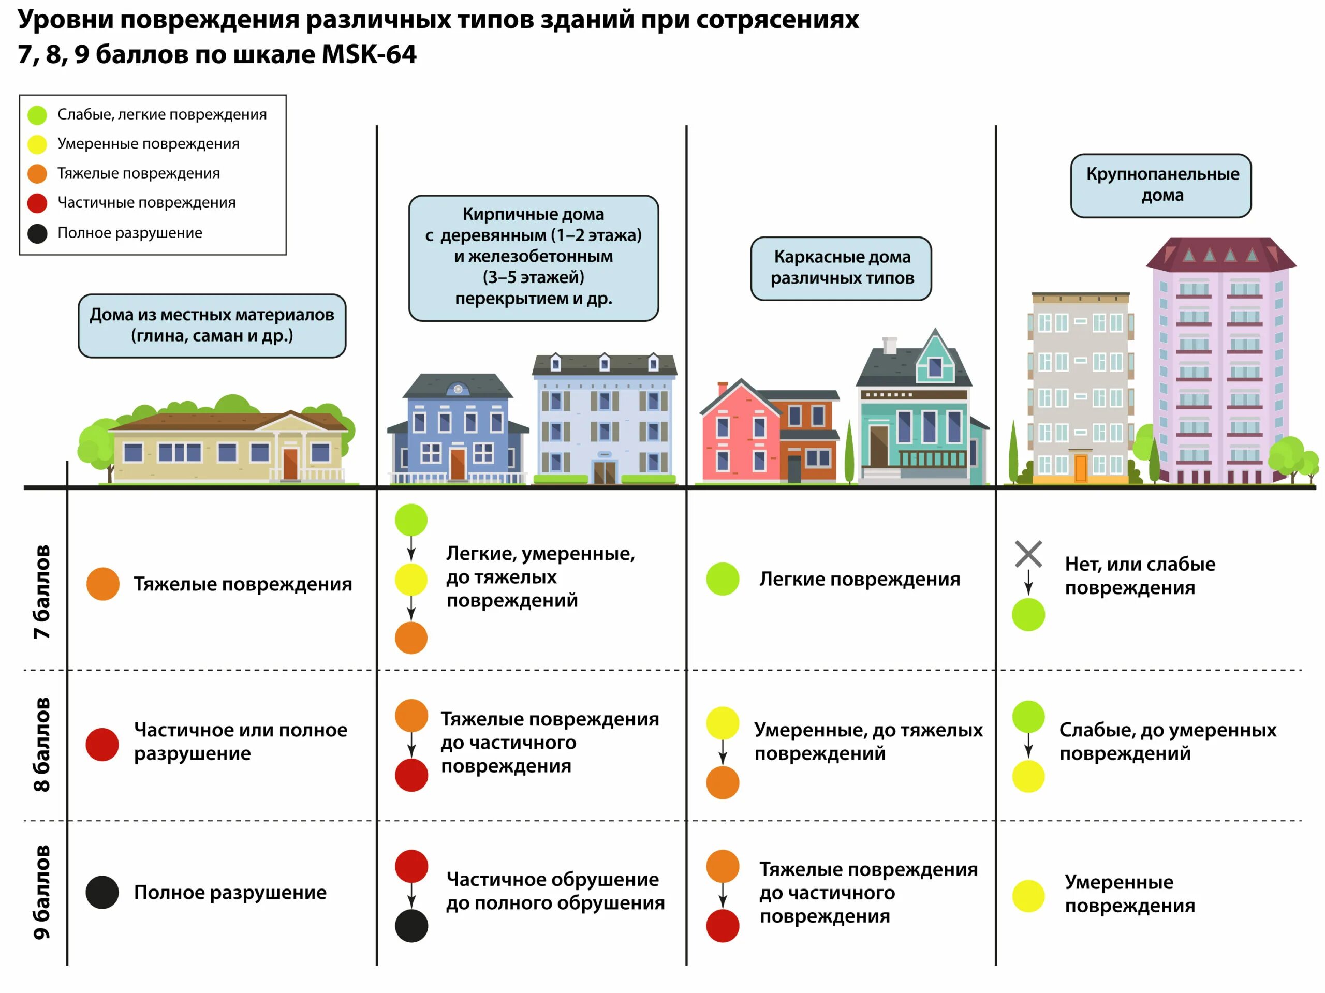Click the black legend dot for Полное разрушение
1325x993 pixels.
pos(37,233)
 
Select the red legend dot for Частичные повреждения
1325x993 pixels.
pos(37,203)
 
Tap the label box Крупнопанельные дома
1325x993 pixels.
pos(1160,185)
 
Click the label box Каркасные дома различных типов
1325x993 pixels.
pos(841,268)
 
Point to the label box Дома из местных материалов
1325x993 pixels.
pos(212,325)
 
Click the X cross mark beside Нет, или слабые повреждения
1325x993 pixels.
pos(1028,554)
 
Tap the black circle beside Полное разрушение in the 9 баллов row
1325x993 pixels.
pos(102,892)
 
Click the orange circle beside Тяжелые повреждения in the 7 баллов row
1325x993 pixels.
pos(102,583)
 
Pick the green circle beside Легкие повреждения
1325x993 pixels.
pos(723,579)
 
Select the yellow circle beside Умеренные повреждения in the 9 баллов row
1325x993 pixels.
pos(1028,896)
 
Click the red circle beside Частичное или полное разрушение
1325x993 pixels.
pos(102,745)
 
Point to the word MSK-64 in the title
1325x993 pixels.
pos(369,54)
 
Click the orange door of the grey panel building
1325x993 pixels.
pos(1080,468)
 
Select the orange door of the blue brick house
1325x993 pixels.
pos(458,464)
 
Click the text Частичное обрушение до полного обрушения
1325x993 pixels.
pos(555,891)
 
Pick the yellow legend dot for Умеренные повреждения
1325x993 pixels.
pos(37,144)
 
